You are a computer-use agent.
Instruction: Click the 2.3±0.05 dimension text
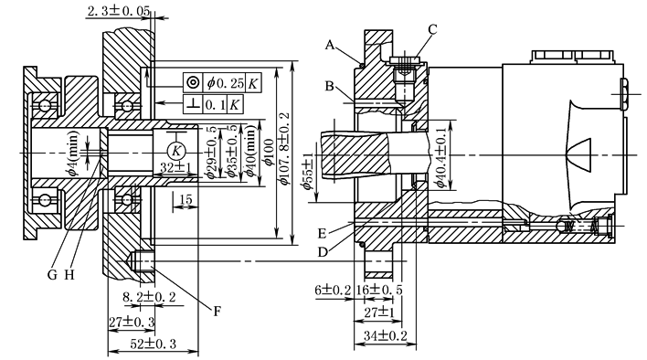(118, 11)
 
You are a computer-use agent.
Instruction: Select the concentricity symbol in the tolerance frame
(193, 83)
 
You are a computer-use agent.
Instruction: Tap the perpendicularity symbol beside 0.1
(193, 104)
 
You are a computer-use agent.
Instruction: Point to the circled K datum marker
(176, 151)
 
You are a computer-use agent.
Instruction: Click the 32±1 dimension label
(175, 168)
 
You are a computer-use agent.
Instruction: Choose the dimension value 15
(186, 199)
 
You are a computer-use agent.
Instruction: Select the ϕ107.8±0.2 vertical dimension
(284, 148)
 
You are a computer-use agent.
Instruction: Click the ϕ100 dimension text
(269, 153)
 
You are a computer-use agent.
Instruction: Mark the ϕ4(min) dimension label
(73, 153)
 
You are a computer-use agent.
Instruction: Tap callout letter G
(52, 275)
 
